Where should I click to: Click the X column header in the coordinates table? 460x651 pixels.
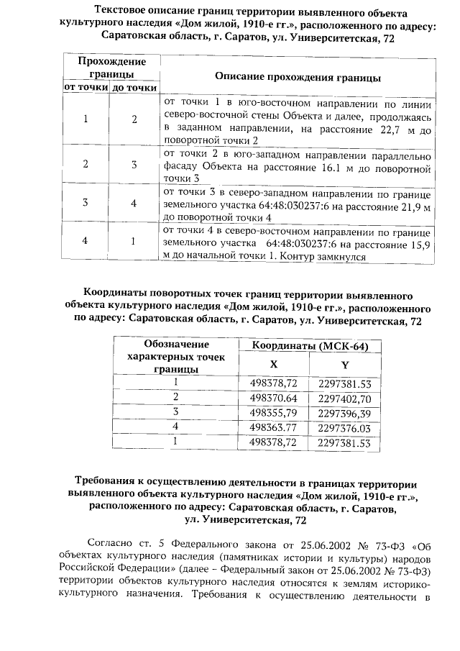pyautogui.click(x=273, y=365)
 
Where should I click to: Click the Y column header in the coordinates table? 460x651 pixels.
pyautogui.click(x=345, y=365)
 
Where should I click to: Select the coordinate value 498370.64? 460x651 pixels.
pyautogui.click(x=273, y=398)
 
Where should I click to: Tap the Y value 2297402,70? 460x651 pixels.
pyautogui.click(x=345, y=398)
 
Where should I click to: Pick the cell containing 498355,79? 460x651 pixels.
pyautogui.click(x=273, y=413)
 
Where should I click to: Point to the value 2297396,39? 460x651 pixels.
pyautogui.click(x=345, y=413)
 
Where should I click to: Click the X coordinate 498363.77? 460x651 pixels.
pyautogui.click(x=273, y=428)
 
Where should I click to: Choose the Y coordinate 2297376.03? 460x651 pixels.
pyautogui.click(x=345, y=428)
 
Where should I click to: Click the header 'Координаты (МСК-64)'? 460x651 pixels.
pyautogui.click(x=310, y=346)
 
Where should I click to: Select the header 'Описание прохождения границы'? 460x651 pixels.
pyautogui.click(x=298, y=76)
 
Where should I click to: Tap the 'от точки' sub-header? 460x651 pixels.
pyautogui.click(x=86, y=88)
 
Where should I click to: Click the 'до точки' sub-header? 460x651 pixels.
pyautogui.click(x=134, y=88)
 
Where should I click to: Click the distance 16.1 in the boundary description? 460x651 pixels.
pyautogui.click(x=336, y=167)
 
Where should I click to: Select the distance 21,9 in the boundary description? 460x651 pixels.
pyautogui.click(x=413, y=207)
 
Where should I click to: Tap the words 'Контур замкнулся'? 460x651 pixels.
pyautogui.click(x=337, y=257)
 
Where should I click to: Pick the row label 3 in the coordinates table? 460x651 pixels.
pyautogui.click(x=175, y=413)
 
